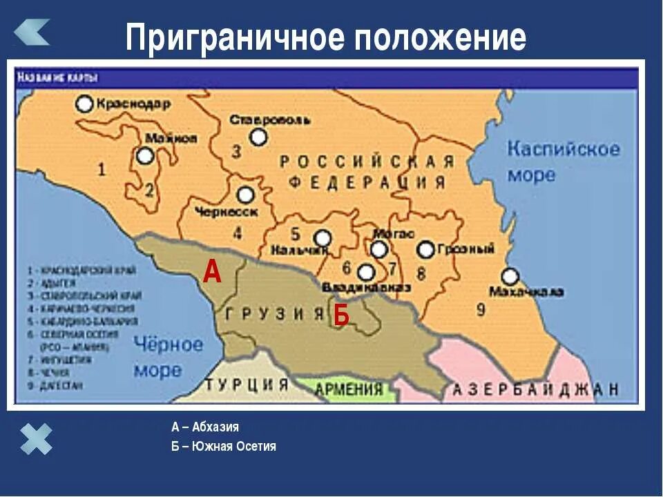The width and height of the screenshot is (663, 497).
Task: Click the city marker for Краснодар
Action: tap(84, 104)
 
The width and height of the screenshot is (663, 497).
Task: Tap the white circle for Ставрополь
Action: tap(258, 137)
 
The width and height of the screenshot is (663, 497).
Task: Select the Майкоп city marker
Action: tap(145, 156)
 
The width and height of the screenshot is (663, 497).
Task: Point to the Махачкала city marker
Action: tap(510, 277)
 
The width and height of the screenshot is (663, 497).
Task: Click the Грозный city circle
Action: tap(426, 250)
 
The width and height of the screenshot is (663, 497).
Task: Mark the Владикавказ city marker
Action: tap(367, 273)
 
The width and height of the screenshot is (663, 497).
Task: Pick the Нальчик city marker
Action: tap(323, 238)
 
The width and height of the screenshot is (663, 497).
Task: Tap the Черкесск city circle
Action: tap(245, 195)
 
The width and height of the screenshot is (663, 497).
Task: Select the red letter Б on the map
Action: tap(341, 315)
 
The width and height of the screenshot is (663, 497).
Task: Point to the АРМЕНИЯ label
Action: tap(348, 389)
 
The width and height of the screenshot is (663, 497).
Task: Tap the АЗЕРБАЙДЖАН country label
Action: tap(535, 389)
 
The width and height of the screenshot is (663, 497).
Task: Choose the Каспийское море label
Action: tap(563, 161)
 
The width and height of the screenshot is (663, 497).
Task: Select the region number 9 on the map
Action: tap(481, 309)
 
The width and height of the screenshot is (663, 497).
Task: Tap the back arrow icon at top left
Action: tap(32, 32)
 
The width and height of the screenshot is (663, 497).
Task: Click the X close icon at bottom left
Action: tap(36, 439)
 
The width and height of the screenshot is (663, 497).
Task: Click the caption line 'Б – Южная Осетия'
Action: tap(224, 447)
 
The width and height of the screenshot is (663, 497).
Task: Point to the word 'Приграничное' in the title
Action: tap(235, 39)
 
